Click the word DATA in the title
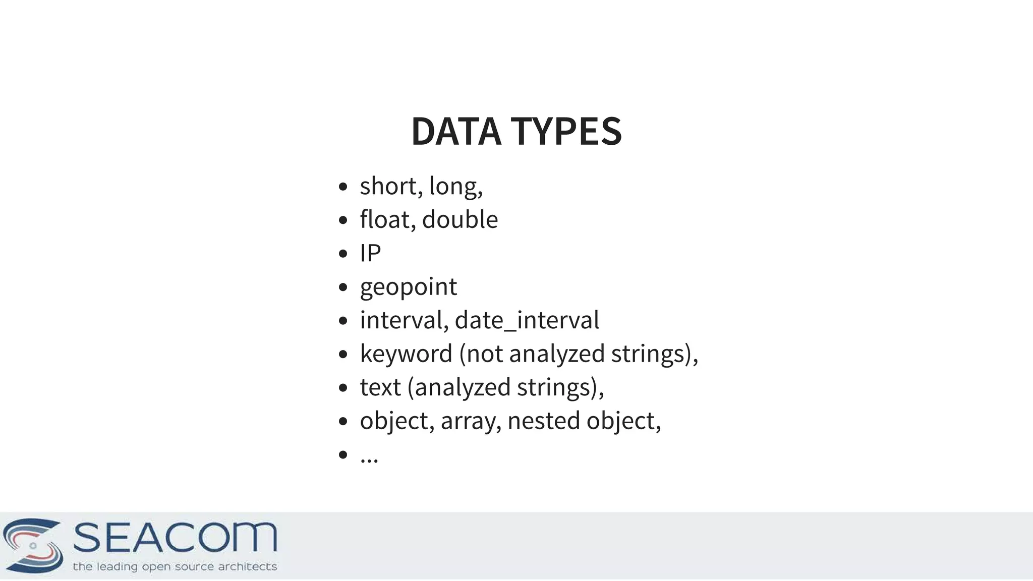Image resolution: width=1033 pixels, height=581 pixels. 456,131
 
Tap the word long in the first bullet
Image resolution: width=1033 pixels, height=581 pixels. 454,186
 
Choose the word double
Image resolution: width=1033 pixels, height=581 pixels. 460,219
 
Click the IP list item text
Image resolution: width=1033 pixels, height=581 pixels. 370,253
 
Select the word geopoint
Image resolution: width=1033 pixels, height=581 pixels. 408,287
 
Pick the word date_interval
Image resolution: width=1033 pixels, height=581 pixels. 527,320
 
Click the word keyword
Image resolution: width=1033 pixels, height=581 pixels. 406,354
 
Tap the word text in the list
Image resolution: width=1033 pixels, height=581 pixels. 380,387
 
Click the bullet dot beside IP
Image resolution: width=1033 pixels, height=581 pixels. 343,253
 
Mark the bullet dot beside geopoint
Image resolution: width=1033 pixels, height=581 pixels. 343,287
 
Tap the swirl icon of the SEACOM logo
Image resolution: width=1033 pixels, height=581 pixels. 33,545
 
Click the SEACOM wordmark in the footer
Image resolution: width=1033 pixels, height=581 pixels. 175,538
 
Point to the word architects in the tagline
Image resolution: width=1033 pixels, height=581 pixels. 247,567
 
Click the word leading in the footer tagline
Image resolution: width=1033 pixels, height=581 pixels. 117,567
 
